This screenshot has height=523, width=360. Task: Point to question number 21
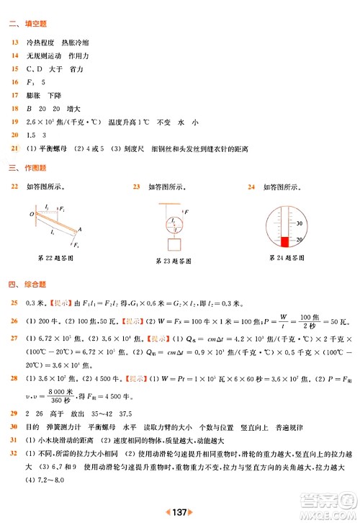coord(14,148)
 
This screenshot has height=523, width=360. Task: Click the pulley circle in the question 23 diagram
coord(172,221)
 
